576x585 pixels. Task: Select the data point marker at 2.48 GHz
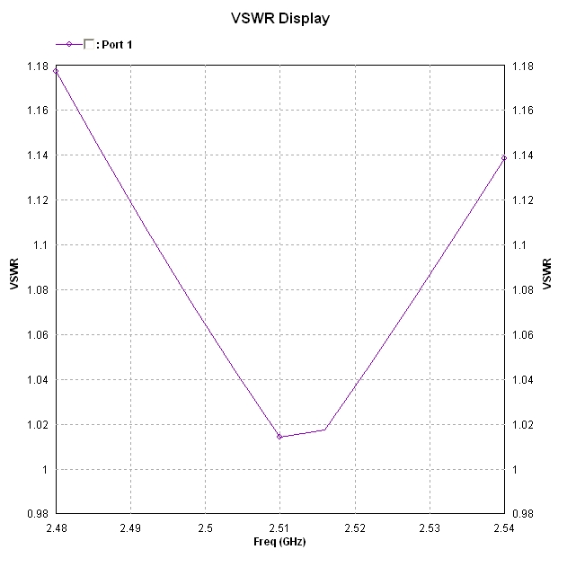56,70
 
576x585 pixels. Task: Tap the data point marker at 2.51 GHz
279,437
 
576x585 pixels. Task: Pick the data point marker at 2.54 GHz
503,158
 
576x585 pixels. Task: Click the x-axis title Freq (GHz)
279,542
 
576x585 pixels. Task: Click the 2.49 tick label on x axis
130,528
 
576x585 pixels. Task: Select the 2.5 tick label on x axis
205,528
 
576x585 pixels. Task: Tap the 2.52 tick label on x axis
354,528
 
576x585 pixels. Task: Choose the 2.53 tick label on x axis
429,528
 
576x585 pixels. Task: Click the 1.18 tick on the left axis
37,66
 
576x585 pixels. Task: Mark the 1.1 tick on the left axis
42,244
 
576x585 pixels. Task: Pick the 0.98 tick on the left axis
37,514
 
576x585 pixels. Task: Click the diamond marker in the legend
69,44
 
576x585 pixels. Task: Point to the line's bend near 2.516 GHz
324,430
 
